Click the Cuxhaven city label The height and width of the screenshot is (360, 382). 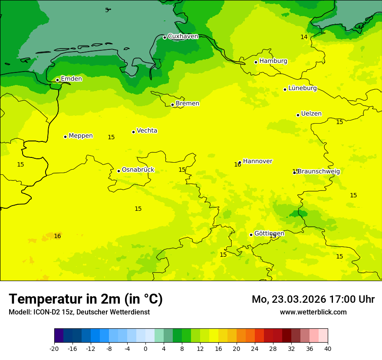[x=183, y=36]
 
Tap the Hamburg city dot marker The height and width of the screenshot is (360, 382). [x=256, y=62]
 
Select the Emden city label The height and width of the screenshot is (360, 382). [x=71, y=79]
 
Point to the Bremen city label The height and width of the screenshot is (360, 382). [x=187, y=104]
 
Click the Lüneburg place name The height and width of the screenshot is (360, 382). [x=302, y=88]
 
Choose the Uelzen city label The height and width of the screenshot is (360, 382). [x=311, y=114]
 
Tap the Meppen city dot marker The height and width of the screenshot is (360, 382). [x=65, y=137]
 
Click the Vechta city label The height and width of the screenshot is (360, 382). [x=147, y=131]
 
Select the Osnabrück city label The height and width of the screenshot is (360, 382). [x=138, y=170]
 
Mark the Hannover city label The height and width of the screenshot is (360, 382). [x=257, y=161]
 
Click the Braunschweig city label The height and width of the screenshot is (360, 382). [x=319, y=172]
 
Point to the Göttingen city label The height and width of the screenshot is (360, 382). [x=269, y=234]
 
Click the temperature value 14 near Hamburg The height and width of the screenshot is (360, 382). [x=304, y=37]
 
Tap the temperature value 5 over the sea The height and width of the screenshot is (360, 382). [x=107, y=10]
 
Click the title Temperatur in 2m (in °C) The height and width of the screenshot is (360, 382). [x=86, y=299]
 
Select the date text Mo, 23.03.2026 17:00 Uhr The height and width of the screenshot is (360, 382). [x=313, y=300]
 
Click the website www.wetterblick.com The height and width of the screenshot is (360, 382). [x=313, y=312]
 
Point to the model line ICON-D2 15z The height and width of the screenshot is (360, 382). [x=79, y=312]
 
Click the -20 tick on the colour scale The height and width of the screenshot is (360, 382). [x=54, y=348]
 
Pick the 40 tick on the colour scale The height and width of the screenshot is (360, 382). [x=328, y=348]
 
